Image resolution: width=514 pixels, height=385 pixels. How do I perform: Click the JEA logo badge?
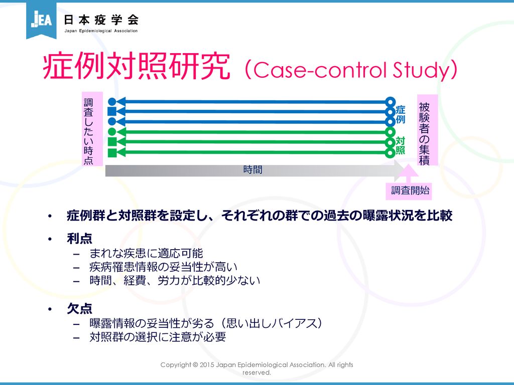(x=41, y=20)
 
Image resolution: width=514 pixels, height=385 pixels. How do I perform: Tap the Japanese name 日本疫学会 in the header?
(x=101, y=20)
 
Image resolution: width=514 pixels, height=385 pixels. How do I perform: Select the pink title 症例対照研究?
(x=137, y=67)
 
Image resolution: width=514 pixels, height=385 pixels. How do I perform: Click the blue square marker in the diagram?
(x=112, y=111)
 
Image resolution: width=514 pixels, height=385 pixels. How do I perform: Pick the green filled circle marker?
(x=112, y=132)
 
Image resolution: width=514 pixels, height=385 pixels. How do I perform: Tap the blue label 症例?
(x=400, y=114)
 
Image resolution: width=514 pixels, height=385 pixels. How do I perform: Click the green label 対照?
(x=400, y=145)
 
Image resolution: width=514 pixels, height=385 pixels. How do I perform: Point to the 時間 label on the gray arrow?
(x=253, y=169)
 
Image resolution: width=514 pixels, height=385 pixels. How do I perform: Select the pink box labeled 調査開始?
(x=410, y=190)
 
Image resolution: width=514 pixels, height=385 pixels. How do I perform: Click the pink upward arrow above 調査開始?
(x=408, y=173)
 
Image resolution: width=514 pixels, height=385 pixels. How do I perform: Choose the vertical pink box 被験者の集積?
(x=428, y=130)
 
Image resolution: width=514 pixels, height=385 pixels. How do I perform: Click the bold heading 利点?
(x=79, y=238)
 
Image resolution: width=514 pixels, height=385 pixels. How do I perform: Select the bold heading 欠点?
(x=79, y=308)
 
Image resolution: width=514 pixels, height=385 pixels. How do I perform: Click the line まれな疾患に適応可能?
(x=146, y=253)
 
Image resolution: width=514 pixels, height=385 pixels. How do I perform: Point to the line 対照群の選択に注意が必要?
(x=158, y=337)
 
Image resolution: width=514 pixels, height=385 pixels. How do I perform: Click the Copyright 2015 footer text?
(x=256, y=368)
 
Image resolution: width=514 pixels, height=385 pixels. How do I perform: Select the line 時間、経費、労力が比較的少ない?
(x=175, y=281)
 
